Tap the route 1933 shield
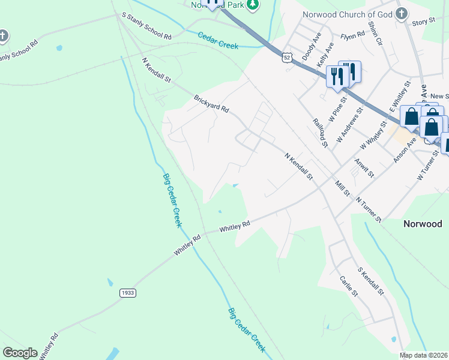127,293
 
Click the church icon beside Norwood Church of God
402,13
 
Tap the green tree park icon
253,5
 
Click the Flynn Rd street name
352,35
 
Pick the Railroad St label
320,132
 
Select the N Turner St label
369,209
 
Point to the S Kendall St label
370,281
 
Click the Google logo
20,353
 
